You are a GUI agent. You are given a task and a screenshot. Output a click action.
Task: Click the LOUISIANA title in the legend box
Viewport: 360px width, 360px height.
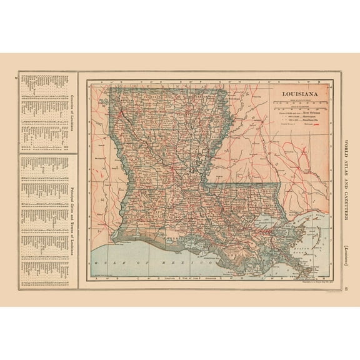[x=294, y=95]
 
